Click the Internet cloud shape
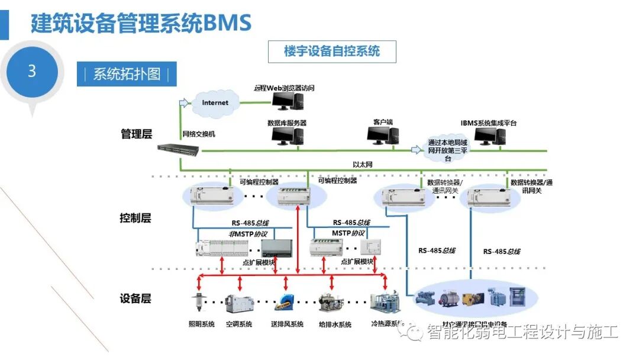tap(215, 103)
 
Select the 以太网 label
tap(362, 165)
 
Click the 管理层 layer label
tap(136, 134)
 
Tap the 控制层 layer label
tap(135, 218)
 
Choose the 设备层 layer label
tap(135, 298)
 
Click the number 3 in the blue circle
tap(32, 72)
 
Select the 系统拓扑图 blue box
tap(127, 74)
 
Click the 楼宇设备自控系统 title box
tap(331, 52)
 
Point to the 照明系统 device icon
tap(198, 303)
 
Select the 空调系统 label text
tap(239, 324)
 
